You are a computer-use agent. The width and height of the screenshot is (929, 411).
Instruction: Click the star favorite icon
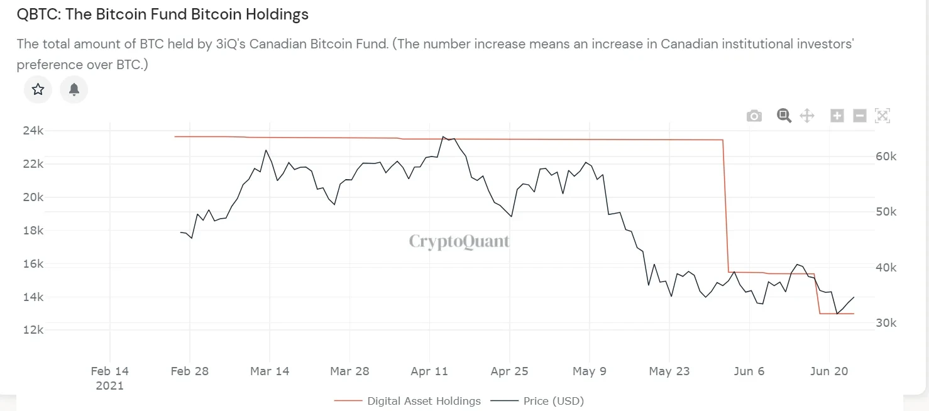(38, 89)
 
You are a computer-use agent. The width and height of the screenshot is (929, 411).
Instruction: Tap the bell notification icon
(74, 89)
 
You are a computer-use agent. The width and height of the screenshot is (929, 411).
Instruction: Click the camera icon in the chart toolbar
(754, 116)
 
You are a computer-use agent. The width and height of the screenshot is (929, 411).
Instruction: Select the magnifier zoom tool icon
(783, 116)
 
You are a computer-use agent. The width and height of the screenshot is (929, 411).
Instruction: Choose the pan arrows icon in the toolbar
(807, 116)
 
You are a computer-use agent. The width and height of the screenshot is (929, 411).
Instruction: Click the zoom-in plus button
(837, 116)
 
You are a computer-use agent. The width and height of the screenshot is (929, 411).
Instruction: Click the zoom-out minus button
(860, 116)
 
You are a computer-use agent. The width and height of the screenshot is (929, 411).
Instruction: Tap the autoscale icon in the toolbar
(882, 116)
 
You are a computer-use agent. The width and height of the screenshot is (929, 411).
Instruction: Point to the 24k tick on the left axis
(33, 131)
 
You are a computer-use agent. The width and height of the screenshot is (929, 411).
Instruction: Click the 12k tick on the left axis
(33, 330)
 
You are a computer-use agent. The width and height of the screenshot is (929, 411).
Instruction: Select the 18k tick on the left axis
(33, 231)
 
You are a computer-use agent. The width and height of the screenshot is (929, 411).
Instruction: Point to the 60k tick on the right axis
(886, 156)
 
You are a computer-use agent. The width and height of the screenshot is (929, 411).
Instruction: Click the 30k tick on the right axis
(886, 323)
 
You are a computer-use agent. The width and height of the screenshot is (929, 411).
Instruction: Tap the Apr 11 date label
(429, 371)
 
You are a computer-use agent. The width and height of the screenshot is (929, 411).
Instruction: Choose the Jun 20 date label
(828, 371)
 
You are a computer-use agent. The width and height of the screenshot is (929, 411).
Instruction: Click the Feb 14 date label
(109, 371)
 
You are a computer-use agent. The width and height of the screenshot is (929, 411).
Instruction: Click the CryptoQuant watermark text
(459, 241)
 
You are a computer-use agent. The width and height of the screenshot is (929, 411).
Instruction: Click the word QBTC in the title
(37, 14)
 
